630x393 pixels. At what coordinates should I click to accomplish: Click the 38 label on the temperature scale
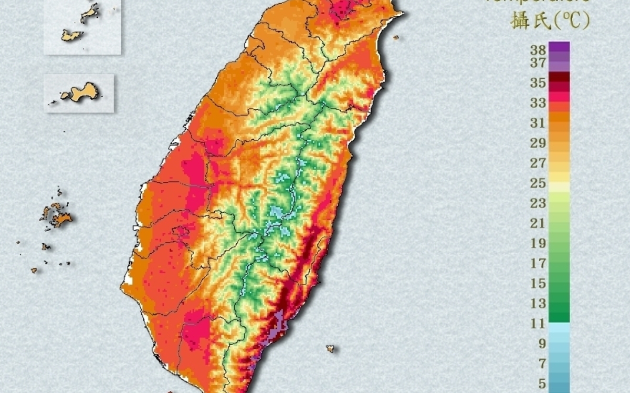tap(538, 50)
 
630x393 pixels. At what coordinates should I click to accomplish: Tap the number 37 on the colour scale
tap(538, 63)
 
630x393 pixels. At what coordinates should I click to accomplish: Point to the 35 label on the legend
tap(538, 83)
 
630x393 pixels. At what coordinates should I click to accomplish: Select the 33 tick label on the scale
tap(538, 103)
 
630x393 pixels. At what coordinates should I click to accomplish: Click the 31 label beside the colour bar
tap(538, 123)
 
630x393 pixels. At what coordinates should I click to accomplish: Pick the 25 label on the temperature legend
tap(538, 183)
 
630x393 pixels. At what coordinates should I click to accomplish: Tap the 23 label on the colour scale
tap(538, 203)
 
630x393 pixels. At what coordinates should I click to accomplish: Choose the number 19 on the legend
tap(538, 243)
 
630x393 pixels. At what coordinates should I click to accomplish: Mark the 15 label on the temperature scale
tap(538, 283)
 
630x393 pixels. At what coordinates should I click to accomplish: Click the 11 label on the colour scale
tap(538, 324)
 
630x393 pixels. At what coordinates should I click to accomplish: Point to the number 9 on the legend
tap(541, 344)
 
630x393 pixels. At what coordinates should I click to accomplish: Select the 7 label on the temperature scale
tap(541, 364)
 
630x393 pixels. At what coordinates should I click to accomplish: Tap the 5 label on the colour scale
tap(541, 384)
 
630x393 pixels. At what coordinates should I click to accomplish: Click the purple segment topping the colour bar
tap(559, 47)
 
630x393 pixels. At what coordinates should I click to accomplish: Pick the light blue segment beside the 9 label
tap(559, 344)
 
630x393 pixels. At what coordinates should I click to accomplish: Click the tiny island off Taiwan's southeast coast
tap(330, 348)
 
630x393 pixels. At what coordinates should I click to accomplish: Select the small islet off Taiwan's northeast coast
tap(395, 37)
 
